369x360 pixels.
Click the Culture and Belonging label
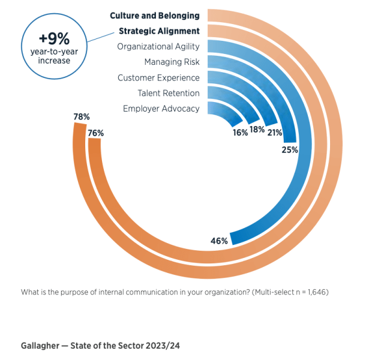point(154,16)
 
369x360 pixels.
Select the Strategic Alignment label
point(159,31)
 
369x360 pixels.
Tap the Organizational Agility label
point(158,46)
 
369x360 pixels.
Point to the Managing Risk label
point(172,62)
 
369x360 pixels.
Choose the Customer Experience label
point(158,77)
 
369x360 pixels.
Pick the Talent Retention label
point(169,93)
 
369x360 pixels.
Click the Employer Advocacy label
point(161,109)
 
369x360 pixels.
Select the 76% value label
point(96,133)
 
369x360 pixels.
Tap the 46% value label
point(219,241)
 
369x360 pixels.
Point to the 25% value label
point(290,150)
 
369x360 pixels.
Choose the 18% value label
point(257,130)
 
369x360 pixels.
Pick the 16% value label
point(240,133)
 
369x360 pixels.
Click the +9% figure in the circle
point(54,38)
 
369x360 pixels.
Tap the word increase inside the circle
point(54,61)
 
